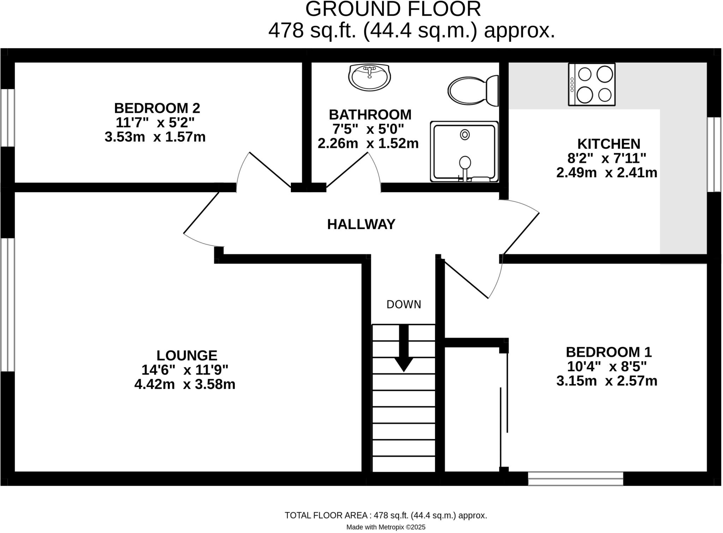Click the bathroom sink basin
[369, 78]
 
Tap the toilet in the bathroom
[473, 91]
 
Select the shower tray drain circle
[465, 135]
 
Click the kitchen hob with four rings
[592, 85]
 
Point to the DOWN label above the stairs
[404, 305]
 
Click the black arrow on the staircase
[404, 349]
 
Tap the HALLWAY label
[361, 225]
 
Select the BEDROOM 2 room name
[157, 108]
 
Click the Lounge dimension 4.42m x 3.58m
[185, 384]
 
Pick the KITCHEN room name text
[608, 144]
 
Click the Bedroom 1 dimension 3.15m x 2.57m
[607, 381]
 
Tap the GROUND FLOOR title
[393, 9]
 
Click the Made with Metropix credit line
[386, 527]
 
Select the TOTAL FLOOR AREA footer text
[386, 515]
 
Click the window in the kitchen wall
[714, 154]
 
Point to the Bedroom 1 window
[575, 478]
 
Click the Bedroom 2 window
[7, 117]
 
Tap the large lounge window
[7, 305]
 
